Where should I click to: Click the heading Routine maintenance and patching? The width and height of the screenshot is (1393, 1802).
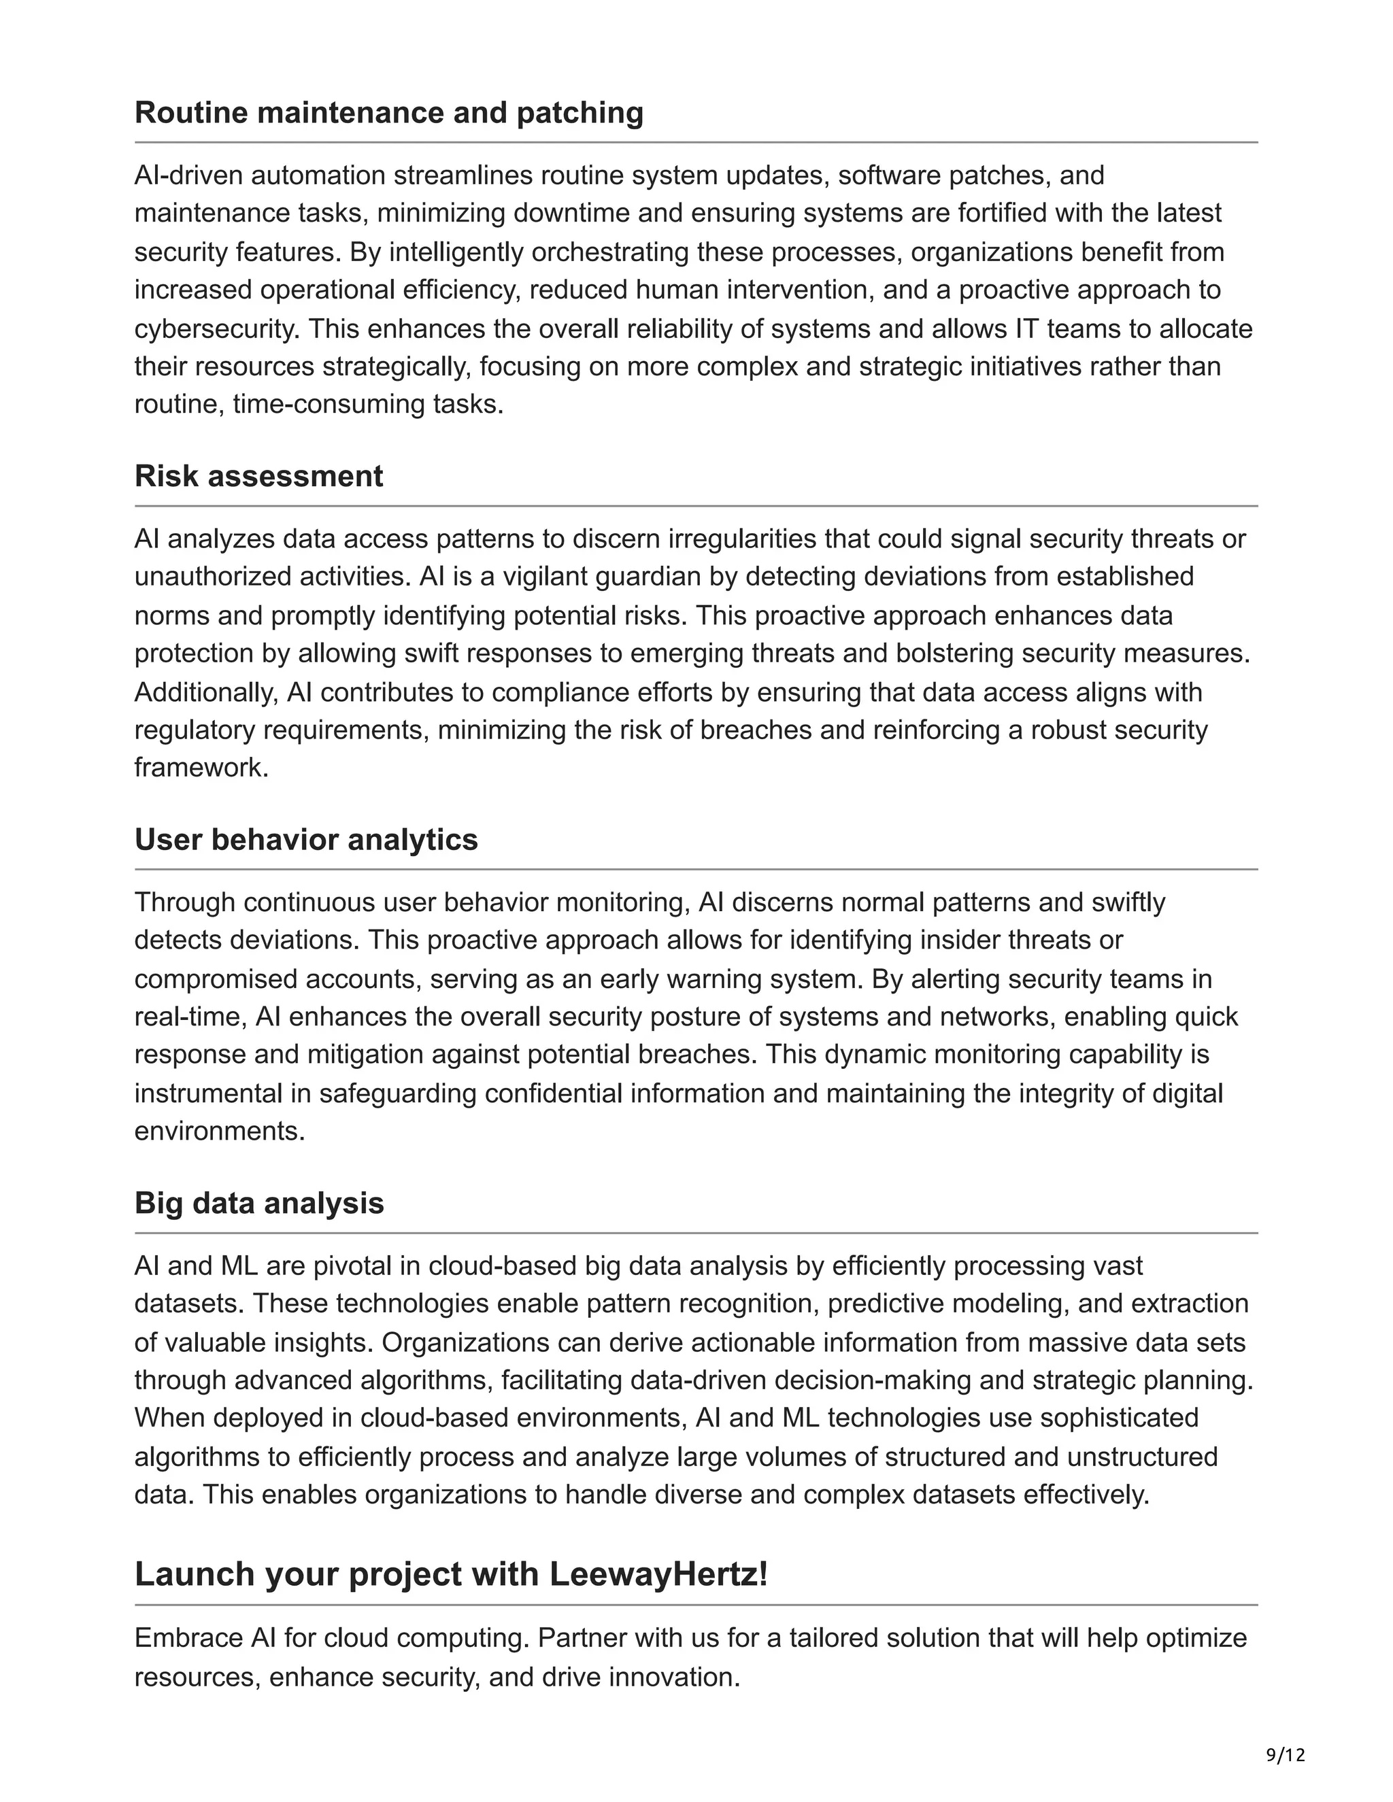(x=388, y=112)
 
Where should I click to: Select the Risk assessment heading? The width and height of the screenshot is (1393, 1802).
(x=258, y=476)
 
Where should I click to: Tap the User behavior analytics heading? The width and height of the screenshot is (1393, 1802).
(x=306, y=839)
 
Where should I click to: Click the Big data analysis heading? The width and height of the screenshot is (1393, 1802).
(x=259, y=1203)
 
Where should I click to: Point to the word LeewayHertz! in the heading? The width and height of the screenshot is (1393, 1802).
(x=658, y=1574)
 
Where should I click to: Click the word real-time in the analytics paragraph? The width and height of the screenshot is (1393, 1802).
(x=190, y=1017)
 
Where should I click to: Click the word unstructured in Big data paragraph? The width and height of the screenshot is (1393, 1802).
(x=1142, y=1457)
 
